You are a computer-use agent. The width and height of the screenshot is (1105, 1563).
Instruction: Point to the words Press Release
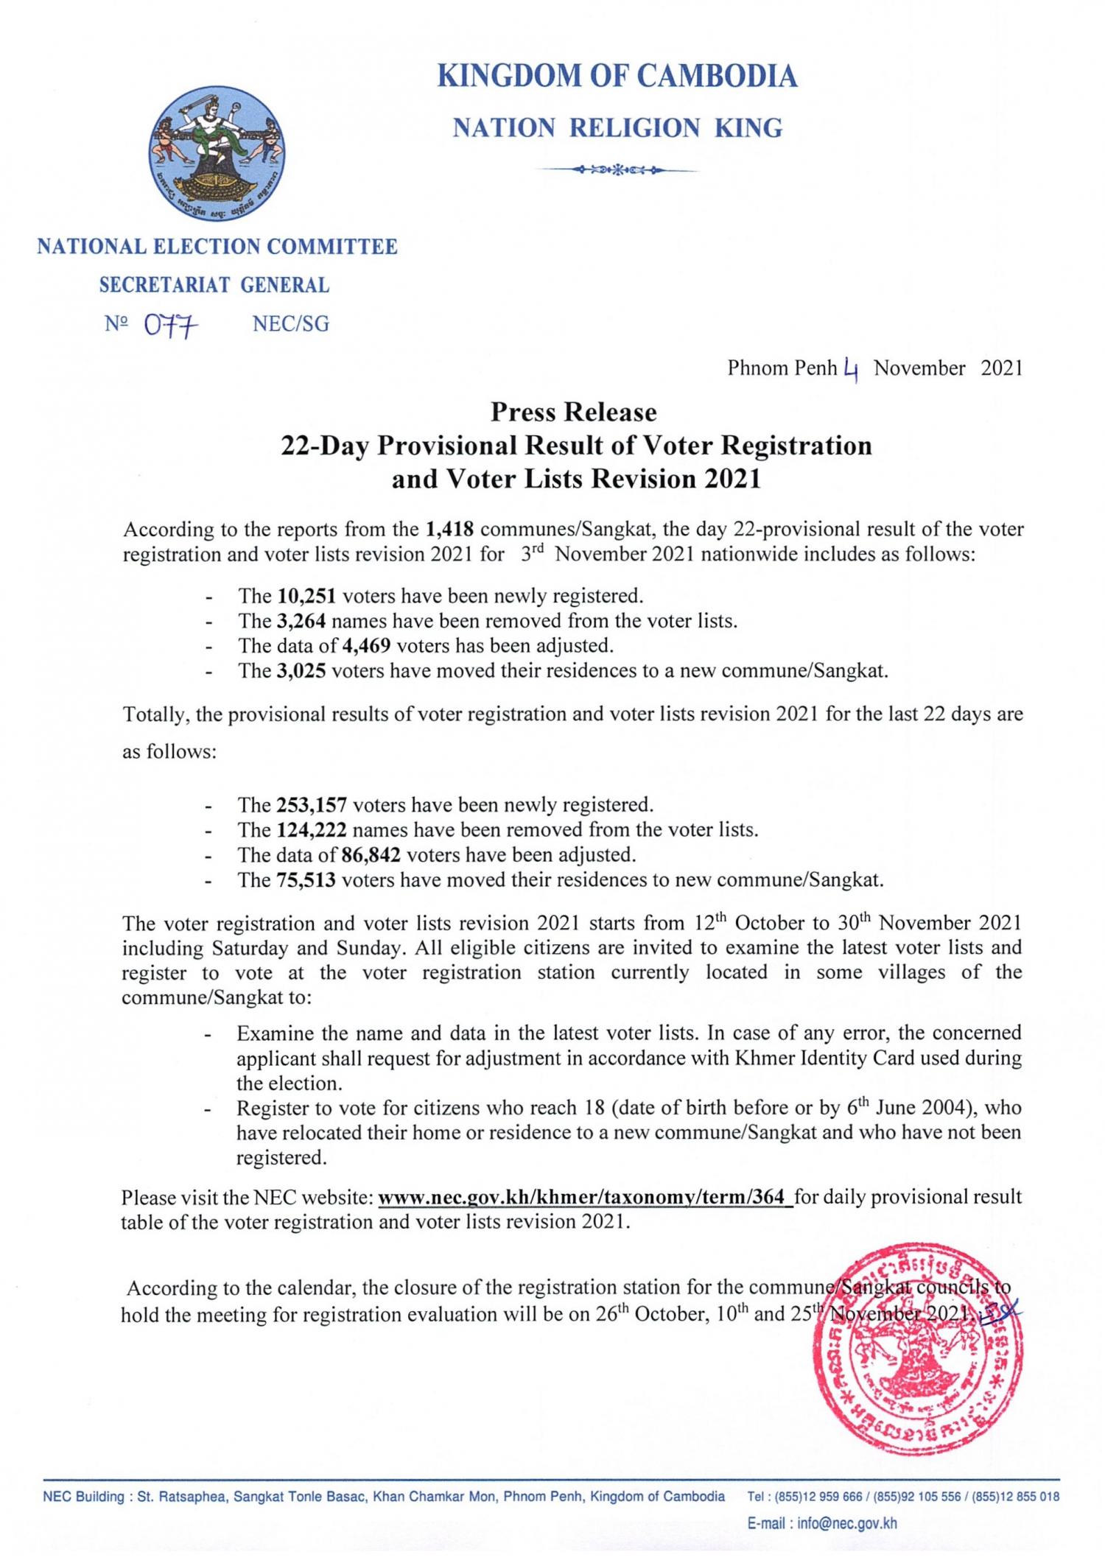tap(573, 412)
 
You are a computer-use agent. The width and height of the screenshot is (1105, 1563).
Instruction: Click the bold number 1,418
tap(449, 529)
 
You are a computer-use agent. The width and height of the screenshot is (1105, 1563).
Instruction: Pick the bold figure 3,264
tap(301, 620)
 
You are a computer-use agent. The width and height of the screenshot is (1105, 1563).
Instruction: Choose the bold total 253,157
tap(312, 804)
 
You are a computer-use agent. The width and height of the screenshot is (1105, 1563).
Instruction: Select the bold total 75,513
tap(306, 879)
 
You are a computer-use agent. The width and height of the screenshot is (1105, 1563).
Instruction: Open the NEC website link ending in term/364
tap(585, 1197)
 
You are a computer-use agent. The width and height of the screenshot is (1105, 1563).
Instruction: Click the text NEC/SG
tap(290, 324)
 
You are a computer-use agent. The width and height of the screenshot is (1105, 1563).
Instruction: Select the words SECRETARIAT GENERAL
tap(214, 285)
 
